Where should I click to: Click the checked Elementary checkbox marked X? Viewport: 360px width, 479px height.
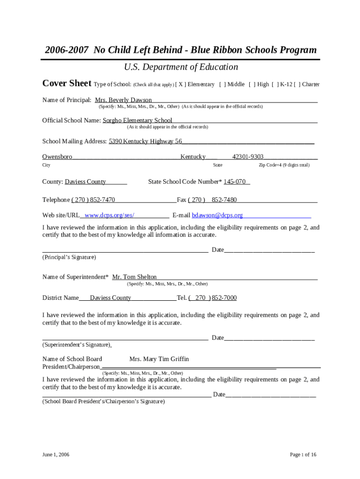pyautogui.click(x=181, y=84)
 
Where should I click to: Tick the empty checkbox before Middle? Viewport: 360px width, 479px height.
pyautogui.click(x=222, y=84)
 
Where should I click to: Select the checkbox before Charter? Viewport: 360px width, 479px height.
pyautogui.click(x=297, y=84)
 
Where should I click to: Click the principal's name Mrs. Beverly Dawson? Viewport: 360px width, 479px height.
pyautogui.click(x=123, y=100)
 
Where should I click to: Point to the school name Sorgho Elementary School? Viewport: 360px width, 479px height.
pyautogui.click(x=137, y=120)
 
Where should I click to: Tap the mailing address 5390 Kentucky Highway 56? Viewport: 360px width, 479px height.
pyautogui.click(x=145, y=141)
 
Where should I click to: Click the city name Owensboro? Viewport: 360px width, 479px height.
pyautogui.click(x=57, y=157)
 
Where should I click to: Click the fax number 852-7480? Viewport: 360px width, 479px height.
pyautogui.click(x=224, y=200)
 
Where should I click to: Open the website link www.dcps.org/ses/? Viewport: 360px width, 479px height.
pyautogui.click(x=109, y=215)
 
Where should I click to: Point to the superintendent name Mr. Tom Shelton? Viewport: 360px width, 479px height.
pyautogui.click(x=135, y=277)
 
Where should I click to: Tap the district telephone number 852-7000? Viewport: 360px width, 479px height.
pyautogui.click(x=224, y=298)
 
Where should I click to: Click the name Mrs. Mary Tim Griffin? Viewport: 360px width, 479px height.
pyautogui.click(x=159, y=359)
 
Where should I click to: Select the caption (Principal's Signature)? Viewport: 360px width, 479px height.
pyautogui.click(x=69, y=257)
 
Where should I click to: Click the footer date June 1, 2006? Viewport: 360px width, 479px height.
pyautogui.click(x=56, y=454)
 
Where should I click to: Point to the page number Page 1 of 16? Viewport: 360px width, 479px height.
pyautogui.click(x=303, y=454)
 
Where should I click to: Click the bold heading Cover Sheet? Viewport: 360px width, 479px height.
pyautogui.click(x=67, y=83)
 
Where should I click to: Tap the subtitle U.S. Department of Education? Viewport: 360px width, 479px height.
pyautogui.click(x=181, y=67)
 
